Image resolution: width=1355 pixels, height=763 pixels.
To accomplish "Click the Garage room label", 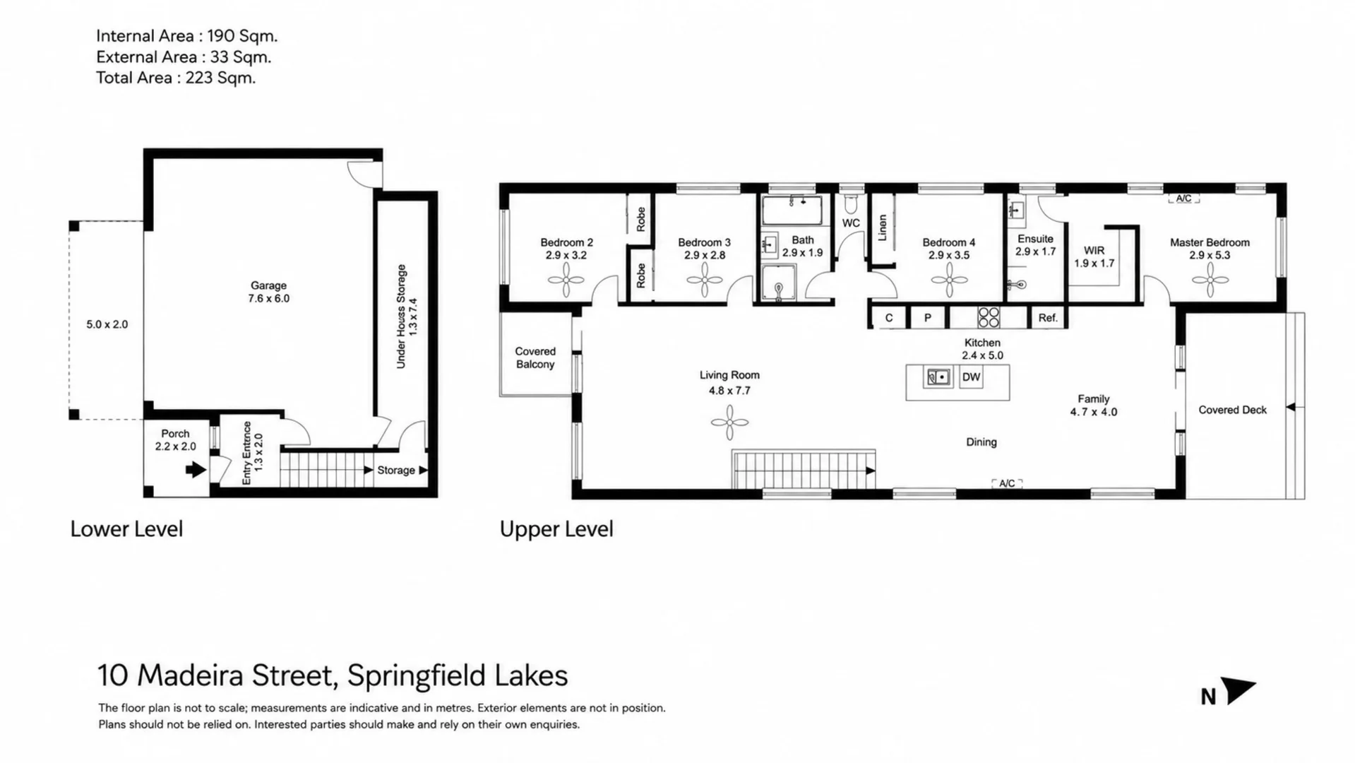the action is pyautogui.click(x=268, y=285).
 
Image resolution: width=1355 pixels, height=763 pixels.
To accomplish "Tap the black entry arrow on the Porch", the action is pyautogui.click(x=196, y=470).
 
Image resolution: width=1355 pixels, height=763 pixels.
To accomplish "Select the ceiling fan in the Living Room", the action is pyautogui.click(x=729, y=422).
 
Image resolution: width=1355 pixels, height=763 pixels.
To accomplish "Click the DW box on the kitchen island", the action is pyautogui.click(x=971, y=377).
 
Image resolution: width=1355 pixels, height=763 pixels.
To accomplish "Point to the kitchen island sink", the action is pyautogui.click(x=938, y=377).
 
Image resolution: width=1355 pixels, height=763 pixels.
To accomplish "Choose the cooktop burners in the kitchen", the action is pyautogui.click(x=989, y=317).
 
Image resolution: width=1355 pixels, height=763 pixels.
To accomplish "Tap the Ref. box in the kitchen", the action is pyautogui.click(x=1048, y=318).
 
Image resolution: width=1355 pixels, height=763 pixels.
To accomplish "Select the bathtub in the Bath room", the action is pyautogui.click(x=792, y=210).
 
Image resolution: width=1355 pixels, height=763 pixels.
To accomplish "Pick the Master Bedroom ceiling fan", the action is pyautogui.click(x=1210, y=280).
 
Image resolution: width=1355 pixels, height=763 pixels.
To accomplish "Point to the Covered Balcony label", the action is pyautogui.click(x=535, y=357).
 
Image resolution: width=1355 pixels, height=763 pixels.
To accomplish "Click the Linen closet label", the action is pyautogui.click(x=882, y=228).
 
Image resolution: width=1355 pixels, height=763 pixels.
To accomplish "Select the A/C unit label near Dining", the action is pyautogui.click(x=1007, y=483).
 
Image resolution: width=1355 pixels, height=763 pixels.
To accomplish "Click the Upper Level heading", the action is pyautogui.click(x=556, y=529).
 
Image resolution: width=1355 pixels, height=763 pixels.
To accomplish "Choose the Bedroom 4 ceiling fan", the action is pyautogui.click(x=949, y=280).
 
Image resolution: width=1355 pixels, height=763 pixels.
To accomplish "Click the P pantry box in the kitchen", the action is pyautogui.click(x=928, y=318).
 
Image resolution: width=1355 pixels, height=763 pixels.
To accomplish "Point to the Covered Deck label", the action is pyautogui.click(x=1232, y=410).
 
